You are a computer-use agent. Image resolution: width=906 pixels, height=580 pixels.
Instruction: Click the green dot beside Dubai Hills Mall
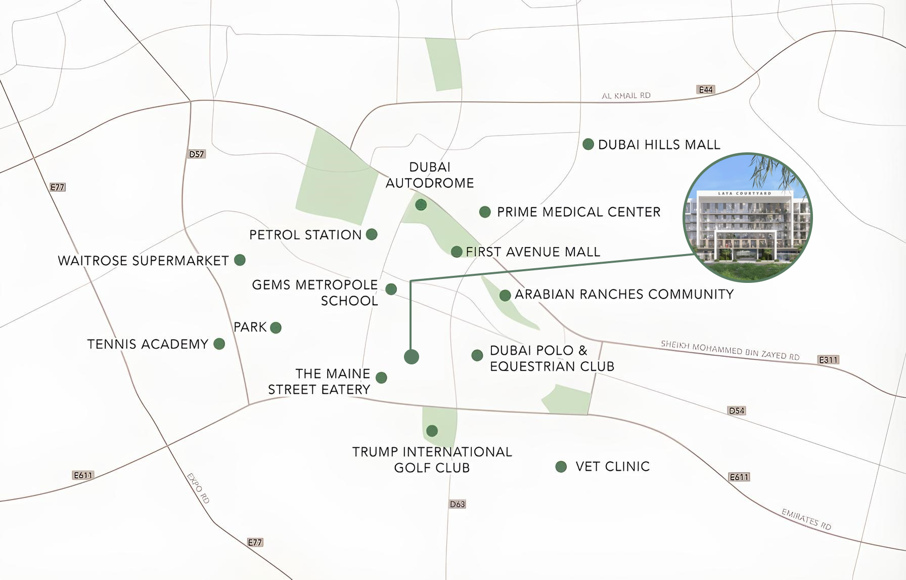(x=588, y=144)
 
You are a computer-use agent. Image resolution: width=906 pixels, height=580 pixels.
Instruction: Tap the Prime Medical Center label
(x=578, y=212)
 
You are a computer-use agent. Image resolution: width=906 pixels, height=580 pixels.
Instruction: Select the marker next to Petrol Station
(x=372, y=234)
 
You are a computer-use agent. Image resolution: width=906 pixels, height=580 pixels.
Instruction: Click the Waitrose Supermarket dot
(x=240, y=260)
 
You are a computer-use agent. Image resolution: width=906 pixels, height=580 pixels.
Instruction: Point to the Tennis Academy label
(x=148, y=344)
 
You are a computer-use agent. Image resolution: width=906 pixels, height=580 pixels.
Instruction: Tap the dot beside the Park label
(x=276, y=327)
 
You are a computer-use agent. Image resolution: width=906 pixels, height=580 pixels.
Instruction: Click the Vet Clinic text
(x=612, y=467)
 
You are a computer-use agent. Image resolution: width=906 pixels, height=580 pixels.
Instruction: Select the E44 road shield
(x=705, y=90)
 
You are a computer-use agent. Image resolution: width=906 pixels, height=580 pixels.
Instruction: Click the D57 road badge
(x=196, y=154)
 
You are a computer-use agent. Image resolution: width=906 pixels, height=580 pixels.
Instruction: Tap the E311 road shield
(x=828, y=360)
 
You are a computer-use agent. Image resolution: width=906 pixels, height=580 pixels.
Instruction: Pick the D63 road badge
(x=457, y=504)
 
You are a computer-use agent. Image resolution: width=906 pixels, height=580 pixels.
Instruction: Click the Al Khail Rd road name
(x=626, y=96)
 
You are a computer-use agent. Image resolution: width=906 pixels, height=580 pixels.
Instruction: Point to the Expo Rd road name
(x=198, y=488)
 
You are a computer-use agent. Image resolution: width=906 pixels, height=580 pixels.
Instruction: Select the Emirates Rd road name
(x=806, y=519)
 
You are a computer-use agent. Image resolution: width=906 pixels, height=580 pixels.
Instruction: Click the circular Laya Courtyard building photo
(x=747, y=218)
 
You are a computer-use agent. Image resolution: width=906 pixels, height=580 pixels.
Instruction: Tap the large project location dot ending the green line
(x=412, y=357)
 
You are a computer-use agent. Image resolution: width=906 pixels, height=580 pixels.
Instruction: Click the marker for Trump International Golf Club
(x=432, y=431)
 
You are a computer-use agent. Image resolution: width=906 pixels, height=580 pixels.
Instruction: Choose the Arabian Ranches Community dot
(x=505, y=295)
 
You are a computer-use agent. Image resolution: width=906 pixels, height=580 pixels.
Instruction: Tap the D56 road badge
(x=737, y=410)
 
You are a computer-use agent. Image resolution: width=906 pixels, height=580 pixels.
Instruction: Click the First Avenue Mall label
(x=532, y=252)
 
